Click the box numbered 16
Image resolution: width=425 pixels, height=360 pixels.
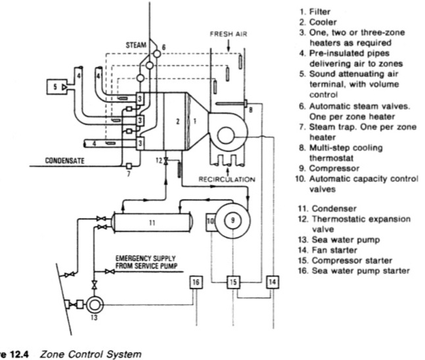196,282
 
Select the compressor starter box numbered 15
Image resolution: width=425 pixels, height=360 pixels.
233,282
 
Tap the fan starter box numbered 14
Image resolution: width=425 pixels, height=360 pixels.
273,282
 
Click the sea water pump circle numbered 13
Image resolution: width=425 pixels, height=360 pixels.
94,305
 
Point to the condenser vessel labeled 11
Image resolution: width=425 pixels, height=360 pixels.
152,223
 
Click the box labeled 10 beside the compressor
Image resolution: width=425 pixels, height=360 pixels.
211,222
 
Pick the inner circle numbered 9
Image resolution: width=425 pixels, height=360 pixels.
233,221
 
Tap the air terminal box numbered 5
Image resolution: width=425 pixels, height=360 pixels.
56,87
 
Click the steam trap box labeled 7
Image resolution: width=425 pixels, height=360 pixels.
129,166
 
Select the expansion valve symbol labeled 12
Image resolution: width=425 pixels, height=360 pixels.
166,162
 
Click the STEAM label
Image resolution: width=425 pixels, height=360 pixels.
136,45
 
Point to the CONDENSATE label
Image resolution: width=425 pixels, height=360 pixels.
64,160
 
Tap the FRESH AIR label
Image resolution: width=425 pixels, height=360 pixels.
228,34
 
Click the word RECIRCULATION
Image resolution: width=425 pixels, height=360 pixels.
227,179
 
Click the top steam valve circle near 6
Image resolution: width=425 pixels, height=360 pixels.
156,54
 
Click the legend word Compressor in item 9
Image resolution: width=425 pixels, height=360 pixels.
334,168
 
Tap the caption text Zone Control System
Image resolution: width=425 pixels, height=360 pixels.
91,354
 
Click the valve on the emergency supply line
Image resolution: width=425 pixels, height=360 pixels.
110,271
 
